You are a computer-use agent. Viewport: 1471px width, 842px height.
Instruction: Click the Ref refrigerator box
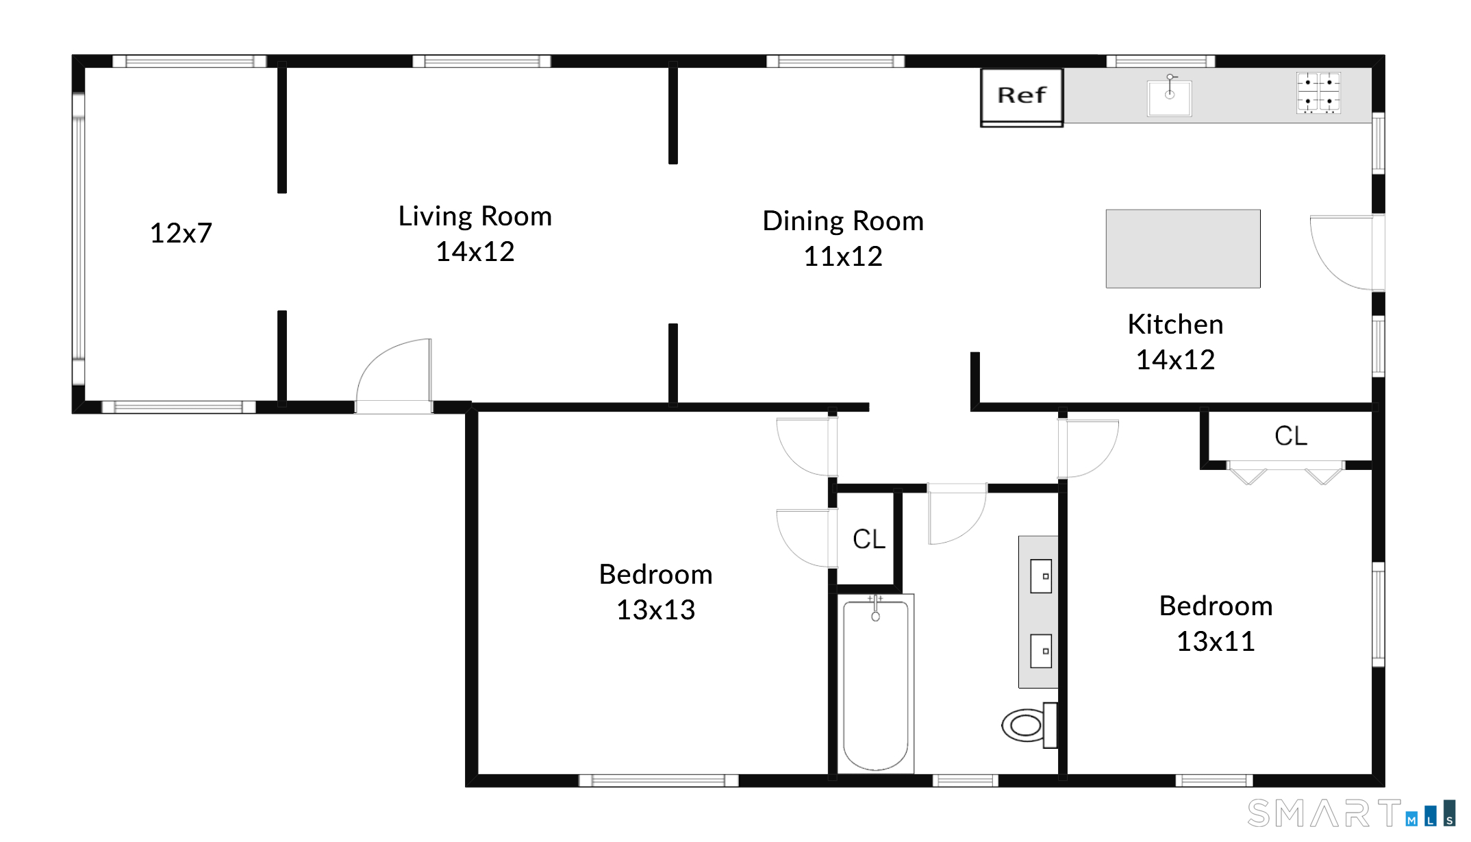1022,97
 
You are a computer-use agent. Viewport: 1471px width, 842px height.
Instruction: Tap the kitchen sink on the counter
1170,97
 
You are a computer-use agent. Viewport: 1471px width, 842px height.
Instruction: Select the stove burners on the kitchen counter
1318,93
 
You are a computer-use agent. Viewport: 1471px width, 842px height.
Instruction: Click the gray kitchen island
1183,249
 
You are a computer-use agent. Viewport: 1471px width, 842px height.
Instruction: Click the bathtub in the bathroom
875,684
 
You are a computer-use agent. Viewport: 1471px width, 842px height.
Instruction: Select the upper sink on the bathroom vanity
1041,576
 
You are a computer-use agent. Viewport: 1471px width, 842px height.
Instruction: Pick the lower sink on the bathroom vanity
1041,651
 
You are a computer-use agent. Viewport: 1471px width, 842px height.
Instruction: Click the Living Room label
475,216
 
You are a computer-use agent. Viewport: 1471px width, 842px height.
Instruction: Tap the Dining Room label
843,221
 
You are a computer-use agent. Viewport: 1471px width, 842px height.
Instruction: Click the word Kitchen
1175,324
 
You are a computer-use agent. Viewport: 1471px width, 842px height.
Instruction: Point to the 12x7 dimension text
181,233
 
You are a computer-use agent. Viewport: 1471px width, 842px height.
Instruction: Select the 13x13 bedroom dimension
655,610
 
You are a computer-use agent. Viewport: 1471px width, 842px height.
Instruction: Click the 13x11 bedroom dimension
1216,641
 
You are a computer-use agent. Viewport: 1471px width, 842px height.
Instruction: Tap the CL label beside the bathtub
869,539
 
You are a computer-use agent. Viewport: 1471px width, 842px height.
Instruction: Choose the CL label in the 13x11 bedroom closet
1291,436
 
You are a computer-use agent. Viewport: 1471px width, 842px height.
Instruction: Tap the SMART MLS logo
1351,813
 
